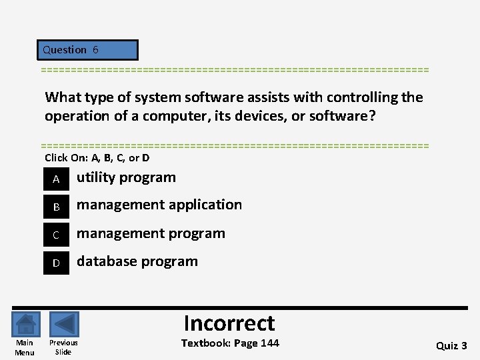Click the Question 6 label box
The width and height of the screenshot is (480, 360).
pos(87,50)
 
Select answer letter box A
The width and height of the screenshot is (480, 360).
pos(57,179)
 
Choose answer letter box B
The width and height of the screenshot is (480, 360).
pos(57,207)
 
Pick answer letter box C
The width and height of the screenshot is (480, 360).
pos(57,235)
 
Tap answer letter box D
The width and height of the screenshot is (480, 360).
pos(57,263)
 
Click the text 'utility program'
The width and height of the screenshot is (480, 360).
pos(126,177)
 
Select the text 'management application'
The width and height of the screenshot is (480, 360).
pos(159,205)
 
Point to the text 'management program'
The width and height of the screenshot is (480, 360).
pos(151,233)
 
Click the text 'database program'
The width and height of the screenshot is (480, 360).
pos(137,261)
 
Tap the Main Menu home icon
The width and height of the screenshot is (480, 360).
pos(25,325)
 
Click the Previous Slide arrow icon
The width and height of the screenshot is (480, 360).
pos(64,325)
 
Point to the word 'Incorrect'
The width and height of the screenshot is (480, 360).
pos(229,323)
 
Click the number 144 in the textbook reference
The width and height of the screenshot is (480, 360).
pos(269,343)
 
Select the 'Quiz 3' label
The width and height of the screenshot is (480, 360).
pos(451,345)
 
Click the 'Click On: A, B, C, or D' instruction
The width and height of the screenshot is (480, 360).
pos(97,158)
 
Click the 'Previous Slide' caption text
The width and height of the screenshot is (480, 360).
pos(63,347)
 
